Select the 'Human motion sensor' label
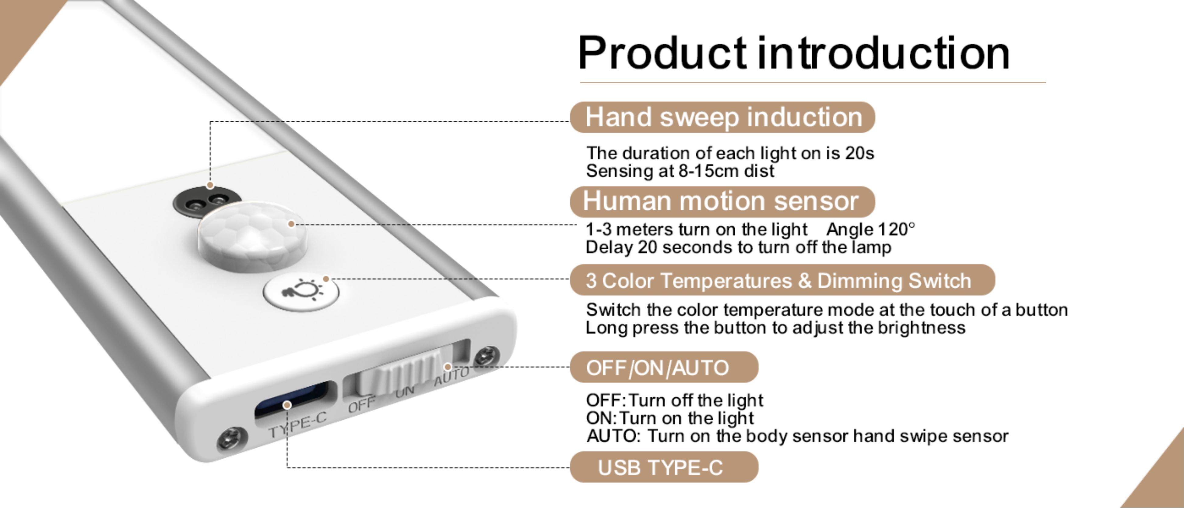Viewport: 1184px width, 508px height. coord(722,201)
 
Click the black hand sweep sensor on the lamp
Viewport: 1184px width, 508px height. coord(206,201)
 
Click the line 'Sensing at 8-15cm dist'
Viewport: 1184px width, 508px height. coord(680,171)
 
